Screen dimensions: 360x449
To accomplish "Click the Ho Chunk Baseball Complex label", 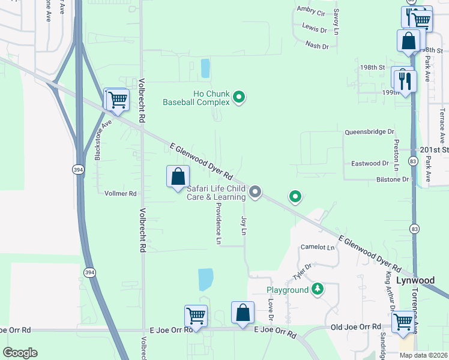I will click(x=196, y=98).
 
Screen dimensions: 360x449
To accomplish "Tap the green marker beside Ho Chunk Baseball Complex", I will click(x=239, y=97).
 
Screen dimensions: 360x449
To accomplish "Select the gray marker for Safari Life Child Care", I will click(x=255, y=192).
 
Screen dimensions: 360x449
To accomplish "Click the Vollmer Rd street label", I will click(x=121, y=194).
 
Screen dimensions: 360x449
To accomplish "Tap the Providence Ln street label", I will click(x=218, y=223).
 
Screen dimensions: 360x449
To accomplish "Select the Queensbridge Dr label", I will click(x=369, y=131).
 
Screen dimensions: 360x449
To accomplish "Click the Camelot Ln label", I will click(x=318, y=247).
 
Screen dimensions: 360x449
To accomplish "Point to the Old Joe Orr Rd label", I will click(x=356, y=327).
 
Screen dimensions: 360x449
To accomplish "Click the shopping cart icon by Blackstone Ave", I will click(x=117, y=100).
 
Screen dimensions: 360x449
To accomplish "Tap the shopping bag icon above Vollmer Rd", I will click(x=178, y=177).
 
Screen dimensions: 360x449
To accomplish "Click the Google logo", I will click(x=20, y=352).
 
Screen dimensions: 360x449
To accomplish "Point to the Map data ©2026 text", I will click(x=423, y=355).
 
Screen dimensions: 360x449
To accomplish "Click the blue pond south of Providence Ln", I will click(x=206, y=279).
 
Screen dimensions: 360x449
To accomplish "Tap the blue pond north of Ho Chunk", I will click(x=205, y=68).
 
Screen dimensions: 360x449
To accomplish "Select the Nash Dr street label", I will click(x=317, y=46).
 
